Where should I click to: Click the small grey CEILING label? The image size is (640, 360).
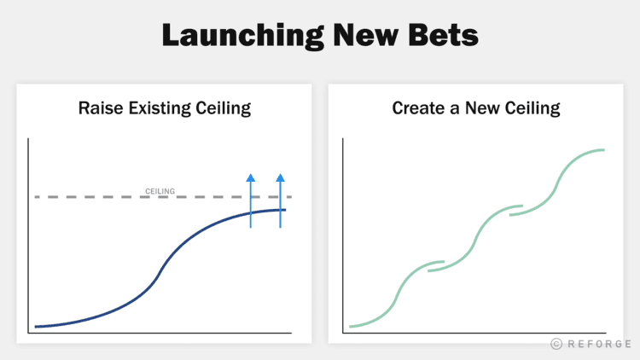coord(160,191)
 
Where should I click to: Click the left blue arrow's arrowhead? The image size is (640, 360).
coord(250,177)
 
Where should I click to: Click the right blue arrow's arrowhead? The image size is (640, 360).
coord(280,177)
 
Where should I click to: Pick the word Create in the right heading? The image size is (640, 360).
coord(416,108)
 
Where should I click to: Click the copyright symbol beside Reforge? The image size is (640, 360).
coord(556,343)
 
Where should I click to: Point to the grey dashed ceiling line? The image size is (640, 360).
coord(102,197)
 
